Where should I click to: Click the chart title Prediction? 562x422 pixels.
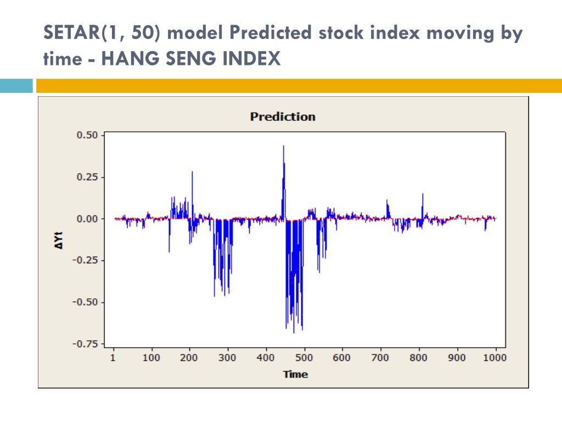tap(283, 116)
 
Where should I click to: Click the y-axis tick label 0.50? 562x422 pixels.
tap(87, 135)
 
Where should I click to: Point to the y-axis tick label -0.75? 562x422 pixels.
tap(86, 344)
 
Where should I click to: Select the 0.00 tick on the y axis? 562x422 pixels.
tap(87, 219)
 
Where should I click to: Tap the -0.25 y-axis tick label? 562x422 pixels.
tap(86, 260)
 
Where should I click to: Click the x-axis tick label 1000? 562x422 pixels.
tap(496, 358)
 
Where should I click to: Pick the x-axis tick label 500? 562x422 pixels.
tap(304, 358)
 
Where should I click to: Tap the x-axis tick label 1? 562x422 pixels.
tap(114, 358)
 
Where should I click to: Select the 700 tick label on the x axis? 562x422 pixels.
tap(380, 358)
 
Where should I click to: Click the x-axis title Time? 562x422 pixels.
tap(295, 375)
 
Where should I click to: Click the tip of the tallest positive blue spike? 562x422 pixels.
tap(283, 146)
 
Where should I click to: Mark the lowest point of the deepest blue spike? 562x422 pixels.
tap(294, 332)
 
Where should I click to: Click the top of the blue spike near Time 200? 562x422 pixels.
tap(192, 172)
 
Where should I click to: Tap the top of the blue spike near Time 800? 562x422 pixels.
tap(423, 194)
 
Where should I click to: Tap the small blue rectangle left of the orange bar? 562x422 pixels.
tap(16, 86)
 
